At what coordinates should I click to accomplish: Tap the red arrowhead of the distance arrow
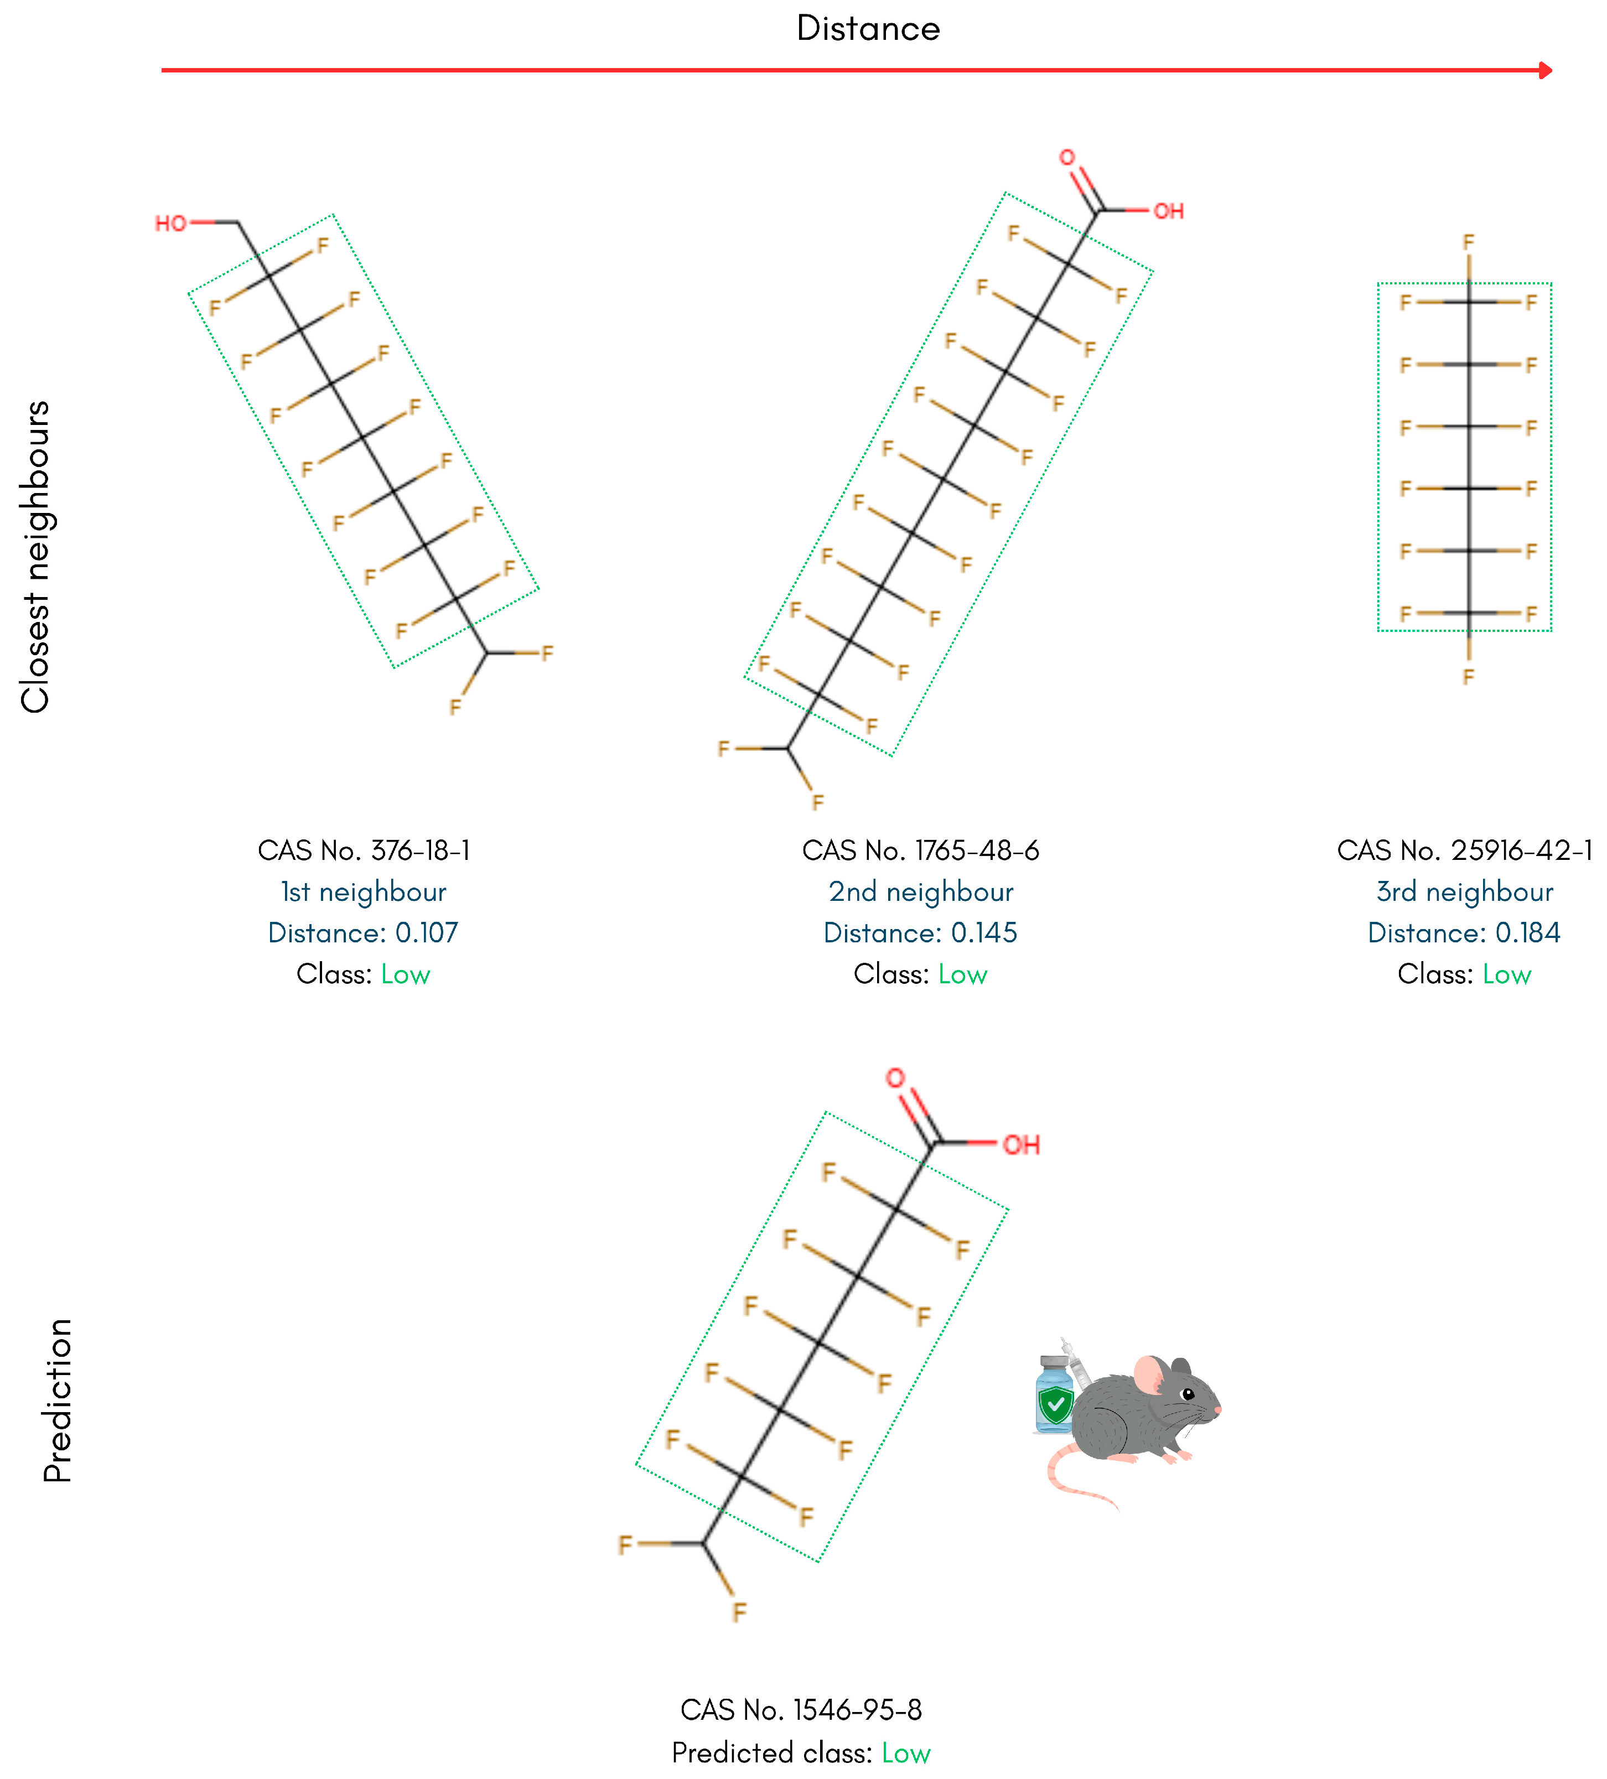[1545, 70]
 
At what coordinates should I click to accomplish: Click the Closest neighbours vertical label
[35, 557]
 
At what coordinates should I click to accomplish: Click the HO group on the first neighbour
[170, 223]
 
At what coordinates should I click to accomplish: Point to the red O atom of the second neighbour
[1067, 157]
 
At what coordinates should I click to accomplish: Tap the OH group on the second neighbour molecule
[1168, 211]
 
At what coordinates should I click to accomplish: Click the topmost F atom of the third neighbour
[1469, 242]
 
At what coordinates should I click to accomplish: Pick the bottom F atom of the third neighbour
[1469, 677]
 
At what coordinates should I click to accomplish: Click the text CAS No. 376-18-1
[364, 850]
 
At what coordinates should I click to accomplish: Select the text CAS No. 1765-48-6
[920, 850]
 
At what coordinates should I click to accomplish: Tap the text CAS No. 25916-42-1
[1465, 850]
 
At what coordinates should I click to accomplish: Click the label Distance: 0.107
[364, 933]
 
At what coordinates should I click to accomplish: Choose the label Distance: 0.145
[920, 933]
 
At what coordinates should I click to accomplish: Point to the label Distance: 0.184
[1465, 933]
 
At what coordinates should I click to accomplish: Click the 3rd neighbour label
[1465, 892]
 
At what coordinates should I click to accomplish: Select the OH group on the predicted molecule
[1021, 1145]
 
